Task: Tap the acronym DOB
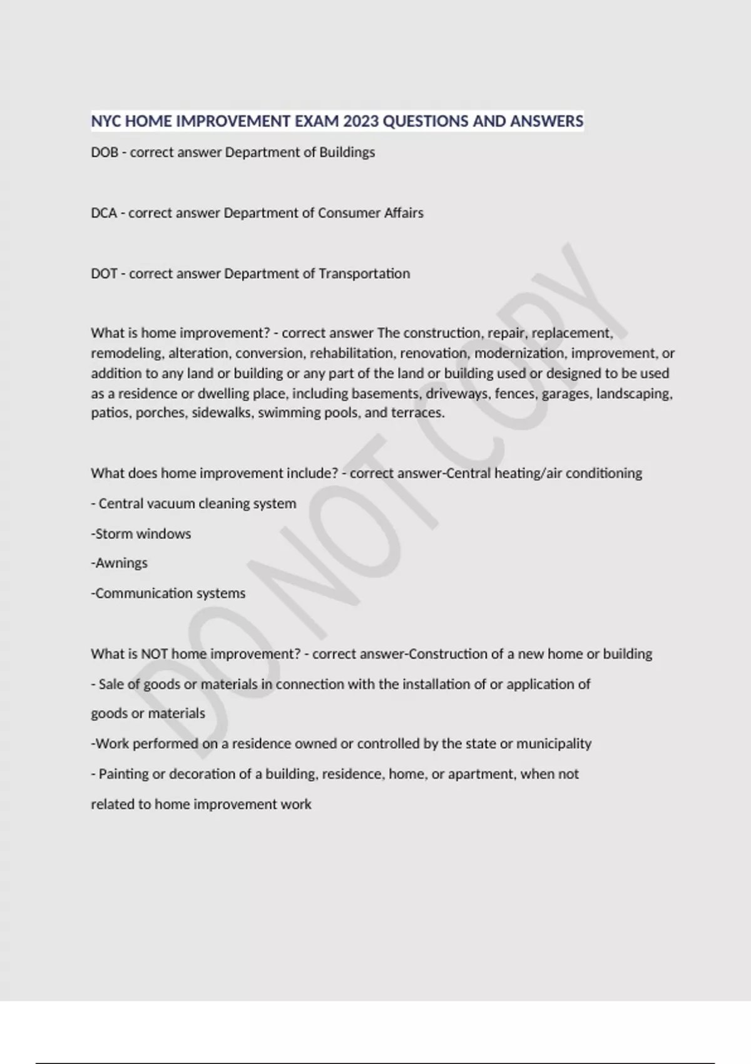click(105, 152)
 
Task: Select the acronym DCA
click(104, 213)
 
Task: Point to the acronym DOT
click(104, 274)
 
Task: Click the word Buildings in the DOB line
click(347, 152)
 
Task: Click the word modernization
click(519, 353)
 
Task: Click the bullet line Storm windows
click(141, 534)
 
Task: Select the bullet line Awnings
click(120, 563)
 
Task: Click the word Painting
click(123, 774)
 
